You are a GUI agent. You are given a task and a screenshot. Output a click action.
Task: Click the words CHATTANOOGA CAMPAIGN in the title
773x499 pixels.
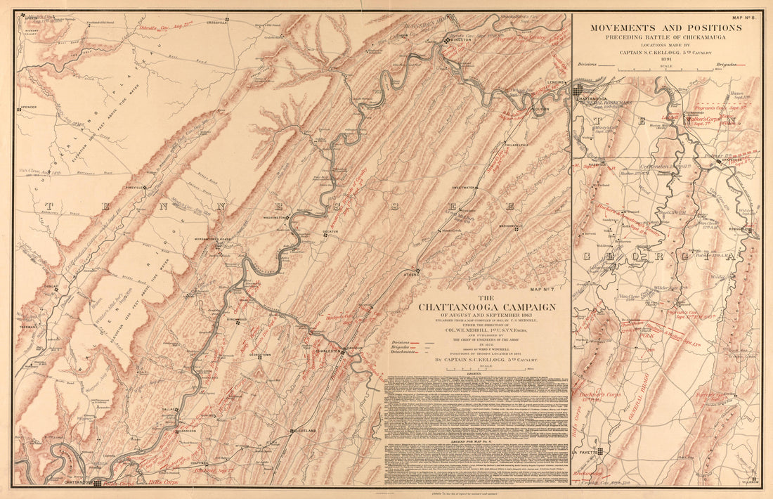pos(487,307)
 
